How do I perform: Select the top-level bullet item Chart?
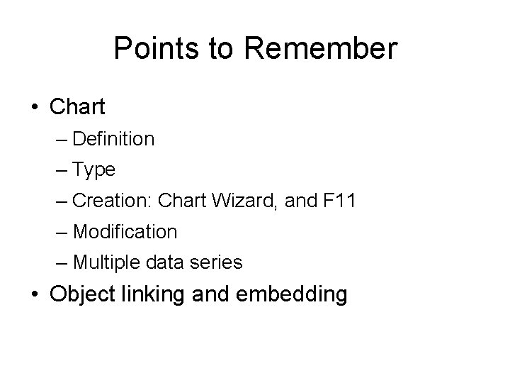point(78,107)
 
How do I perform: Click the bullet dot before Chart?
point(35,108)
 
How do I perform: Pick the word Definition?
point(113,139)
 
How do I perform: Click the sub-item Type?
point(93,170)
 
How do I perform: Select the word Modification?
point(125,232)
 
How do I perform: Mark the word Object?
point(84,294)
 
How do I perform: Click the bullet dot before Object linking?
point(35,294)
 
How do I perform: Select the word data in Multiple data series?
point(169,263)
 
